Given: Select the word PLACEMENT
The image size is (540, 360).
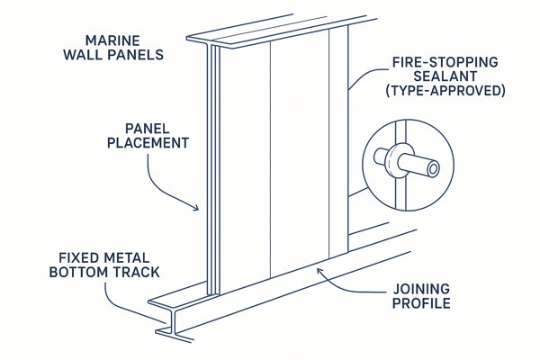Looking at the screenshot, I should [148, 143].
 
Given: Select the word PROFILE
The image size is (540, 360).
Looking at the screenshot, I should [423, 303].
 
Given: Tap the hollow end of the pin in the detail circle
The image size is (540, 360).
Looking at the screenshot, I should [432, 168].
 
